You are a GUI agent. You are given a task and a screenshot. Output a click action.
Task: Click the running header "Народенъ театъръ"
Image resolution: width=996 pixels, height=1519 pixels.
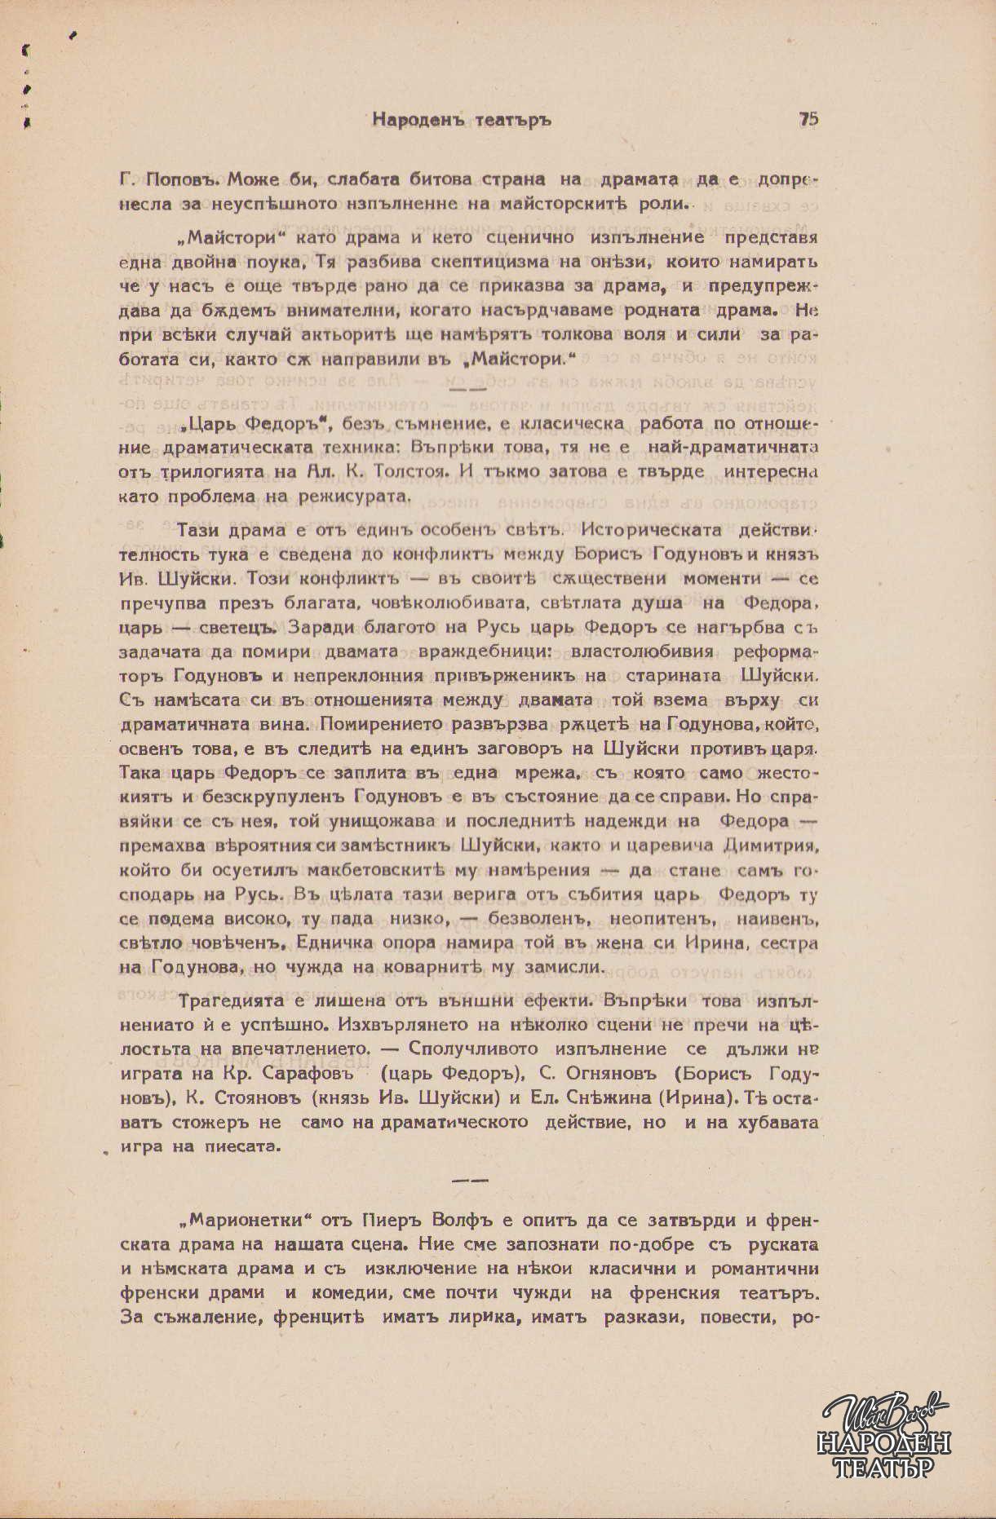coord(462,120)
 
